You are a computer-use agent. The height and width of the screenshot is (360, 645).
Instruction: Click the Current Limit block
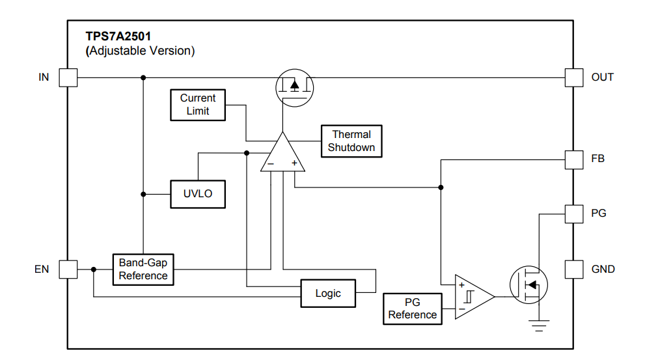tap(197, 105)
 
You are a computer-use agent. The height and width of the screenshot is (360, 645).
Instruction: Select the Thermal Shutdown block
tap(351, 141)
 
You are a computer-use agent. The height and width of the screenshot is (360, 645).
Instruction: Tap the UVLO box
tap(197, 194)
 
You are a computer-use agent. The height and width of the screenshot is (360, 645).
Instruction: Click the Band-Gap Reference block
tap(143, 269)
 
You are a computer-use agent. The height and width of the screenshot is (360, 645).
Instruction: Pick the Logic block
tap(328, 294)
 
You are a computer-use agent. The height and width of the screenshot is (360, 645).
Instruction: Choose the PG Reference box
tap(413, 309)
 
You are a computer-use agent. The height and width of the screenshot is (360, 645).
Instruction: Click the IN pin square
tap(68, 77)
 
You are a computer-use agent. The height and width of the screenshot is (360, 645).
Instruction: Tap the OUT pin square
tap(573, 77)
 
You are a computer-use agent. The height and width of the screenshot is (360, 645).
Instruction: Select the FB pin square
tap(573, 159)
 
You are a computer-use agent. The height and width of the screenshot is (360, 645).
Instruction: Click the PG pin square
tap(573, 214)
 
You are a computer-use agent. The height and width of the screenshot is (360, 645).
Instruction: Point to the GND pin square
tap(573, 269)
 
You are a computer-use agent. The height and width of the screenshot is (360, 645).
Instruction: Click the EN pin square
tap(68, 269)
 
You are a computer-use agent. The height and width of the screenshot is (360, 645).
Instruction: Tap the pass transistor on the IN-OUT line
tap(295, 87)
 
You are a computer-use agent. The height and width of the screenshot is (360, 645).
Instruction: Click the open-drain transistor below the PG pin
tap(528, 284)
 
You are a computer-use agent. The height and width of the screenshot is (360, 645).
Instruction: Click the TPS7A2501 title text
tap(118, 36)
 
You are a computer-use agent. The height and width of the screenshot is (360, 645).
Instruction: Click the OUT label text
tap(602, 77)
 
